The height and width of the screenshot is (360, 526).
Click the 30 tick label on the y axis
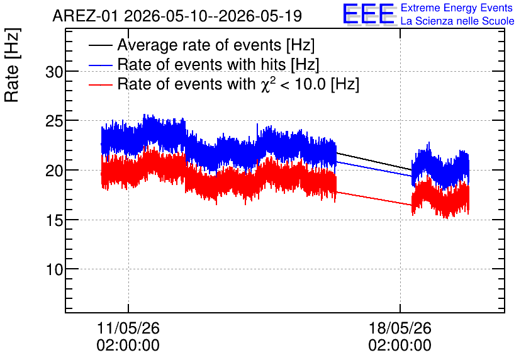(54, 72)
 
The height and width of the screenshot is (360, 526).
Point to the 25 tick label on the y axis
(54, 121)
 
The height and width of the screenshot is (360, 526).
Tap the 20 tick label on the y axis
(54, 171)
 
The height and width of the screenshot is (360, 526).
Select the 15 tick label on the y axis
(54, 220)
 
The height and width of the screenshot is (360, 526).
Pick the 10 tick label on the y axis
(54, 269)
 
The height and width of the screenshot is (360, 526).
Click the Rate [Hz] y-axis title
(12, 65)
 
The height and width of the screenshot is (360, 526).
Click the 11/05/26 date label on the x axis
(128, 328)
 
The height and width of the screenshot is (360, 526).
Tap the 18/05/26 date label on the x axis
(400, 328)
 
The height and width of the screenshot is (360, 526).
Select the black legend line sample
(100, 45)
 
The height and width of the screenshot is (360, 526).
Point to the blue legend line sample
(100, 65)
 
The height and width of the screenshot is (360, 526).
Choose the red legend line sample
(100, 84)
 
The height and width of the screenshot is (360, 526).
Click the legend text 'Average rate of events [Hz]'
(216, 45)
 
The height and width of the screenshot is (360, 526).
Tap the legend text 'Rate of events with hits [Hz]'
(218, 65)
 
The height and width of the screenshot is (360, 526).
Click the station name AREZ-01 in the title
(85, 16)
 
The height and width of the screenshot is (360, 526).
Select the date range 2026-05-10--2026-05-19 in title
(213, 16)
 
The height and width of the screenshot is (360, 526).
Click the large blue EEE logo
(369, 14)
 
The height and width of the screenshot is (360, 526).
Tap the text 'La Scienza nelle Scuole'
(457, 21)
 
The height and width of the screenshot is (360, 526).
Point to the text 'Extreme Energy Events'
(457, 8)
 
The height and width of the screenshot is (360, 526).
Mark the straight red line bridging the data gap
(374, 199)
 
